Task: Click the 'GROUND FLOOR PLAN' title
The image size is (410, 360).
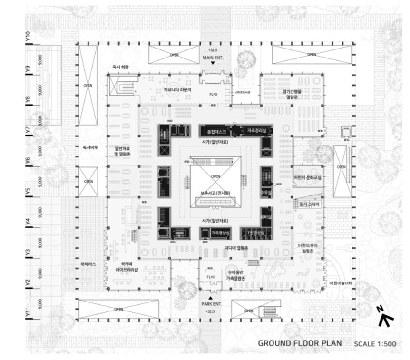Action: pos(300,343)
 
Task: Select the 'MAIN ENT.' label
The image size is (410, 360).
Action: pos(213,58)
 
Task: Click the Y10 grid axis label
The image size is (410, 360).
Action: pos(28,37)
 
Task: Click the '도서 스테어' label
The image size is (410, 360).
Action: pos(310,205)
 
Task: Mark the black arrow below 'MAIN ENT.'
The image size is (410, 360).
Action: pos(212,64)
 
